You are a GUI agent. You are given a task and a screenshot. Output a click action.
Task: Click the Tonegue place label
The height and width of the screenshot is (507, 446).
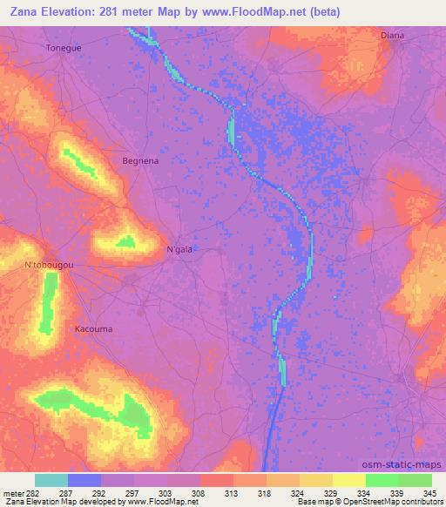pyautogui.click(x=64, y=48)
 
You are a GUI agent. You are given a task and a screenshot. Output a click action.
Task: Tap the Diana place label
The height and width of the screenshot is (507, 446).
pyautogui.click(x=392, y=36)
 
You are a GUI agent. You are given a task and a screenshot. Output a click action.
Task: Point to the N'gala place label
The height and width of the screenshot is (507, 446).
pyautogui.click(x=179, y=249)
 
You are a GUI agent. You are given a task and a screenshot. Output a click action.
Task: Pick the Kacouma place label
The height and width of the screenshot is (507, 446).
pyautogui.click(x=92, y=330)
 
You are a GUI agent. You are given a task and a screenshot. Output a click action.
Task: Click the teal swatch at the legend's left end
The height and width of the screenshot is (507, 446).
pyautogui.click(x=51, y=480)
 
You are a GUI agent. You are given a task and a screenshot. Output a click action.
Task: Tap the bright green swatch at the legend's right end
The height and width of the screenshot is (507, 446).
pyautogui.click(x=415, y=480)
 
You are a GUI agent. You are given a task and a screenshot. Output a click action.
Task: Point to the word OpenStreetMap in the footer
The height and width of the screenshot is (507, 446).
pyautogui.click(x=383, y=502)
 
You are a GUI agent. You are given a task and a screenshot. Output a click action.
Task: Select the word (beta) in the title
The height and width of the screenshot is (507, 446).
pyautogui.click(x=323, y=11)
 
